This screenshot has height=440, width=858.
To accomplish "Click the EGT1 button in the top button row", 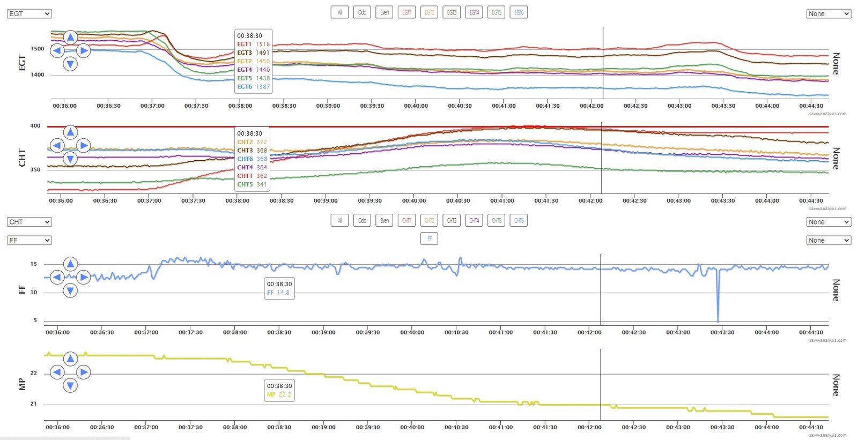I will click(x=407, y=12).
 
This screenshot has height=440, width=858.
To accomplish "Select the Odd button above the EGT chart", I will click(x=362, y=12).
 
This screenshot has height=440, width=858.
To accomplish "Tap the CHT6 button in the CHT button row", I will click(x=519, y=220).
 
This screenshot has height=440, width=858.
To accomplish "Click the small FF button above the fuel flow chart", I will click(x=429, y=239).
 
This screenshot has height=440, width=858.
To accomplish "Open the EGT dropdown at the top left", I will click(x=29, y=13).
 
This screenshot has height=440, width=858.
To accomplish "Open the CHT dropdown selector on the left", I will click(x=29, y=222).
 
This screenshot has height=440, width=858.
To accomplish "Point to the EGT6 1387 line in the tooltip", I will click(x=253, y=87).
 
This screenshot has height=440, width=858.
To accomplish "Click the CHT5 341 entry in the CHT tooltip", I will click(x=252, y=184).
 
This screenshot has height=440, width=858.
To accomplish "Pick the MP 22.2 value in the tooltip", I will click(x=279, y=394).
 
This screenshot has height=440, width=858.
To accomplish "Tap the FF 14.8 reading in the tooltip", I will click(x=278, y=293).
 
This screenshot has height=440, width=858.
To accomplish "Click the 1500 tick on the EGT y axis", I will click(x=38, y=49).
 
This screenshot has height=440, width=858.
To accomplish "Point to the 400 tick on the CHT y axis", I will click(x=35, y=126).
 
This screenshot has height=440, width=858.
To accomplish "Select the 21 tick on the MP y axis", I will click(x=33, y=404).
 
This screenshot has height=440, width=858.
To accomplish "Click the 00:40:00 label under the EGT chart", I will click(x=416, y=106).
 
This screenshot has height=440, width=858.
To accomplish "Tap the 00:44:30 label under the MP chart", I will click(x=811, y=427).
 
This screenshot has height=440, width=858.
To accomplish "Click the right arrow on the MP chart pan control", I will click(x=84, y=372).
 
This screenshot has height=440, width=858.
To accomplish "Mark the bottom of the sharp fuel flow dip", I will click(x=718, y=321).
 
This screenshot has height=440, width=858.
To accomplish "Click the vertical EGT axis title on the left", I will click(x=22, y=63).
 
